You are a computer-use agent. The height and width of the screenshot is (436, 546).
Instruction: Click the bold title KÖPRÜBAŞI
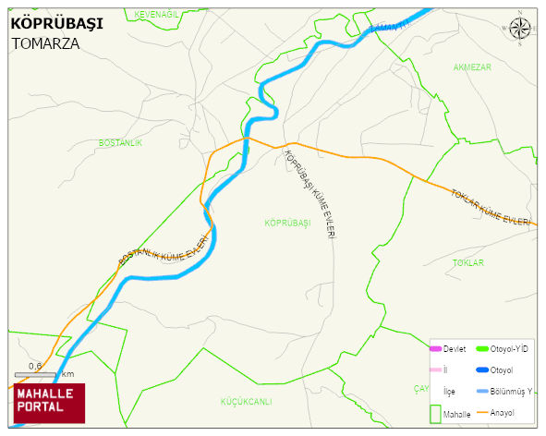(57, 21)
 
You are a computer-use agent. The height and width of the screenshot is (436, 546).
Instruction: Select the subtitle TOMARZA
(46, 42)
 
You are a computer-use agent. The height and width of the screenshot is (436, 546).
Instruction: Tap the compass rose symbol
(520, 30)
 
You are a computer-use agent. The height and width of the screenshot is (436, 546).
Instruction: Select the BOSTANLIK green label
(120, 143)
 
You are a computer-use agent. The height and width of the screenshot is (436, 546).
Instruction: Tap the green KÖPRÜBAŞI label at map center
(285, 224)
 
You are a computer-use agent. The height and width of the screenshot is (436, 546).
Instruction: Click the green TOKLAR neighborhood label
(467, 263)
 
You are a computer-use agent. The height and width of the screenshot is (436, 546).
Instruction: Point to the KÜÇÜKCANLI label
(246, 401)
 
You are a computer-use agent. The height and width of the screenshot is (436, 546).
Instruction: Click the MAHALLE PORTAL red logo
(49, 401)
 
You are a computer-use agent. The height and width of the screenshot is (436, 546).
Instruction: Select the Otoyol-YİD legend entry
(502, 348)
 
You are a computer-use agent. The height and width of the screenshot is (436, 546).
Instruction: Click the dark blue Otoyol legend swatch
(482, 369)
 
